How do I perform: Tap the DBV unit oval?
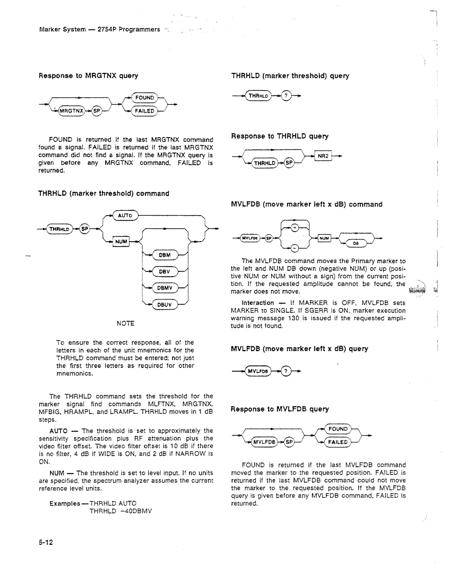(165, 271)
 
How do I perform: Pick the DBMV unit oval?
(166, 287)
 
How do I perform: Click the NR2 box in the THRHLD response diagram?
(323, 156)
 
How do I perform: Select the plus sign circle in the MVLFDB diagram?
(295, 228)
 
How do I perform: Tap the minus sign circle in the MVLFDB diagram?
(295, 250)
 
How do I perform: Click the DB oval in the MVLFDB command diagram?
(356, 242)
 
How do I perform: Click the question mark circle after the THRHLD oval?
(287, 95)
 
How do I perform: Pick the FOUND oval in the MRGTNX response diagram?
(144, 97)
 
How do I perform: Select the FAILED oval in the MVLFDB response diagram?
(338, 442)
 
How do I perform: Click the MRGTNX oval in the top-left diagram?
(71, 111)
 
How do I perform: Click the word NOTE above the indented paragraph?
(125, 324)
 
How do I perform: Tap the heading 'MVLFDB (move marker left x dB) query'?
(300, 349)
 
